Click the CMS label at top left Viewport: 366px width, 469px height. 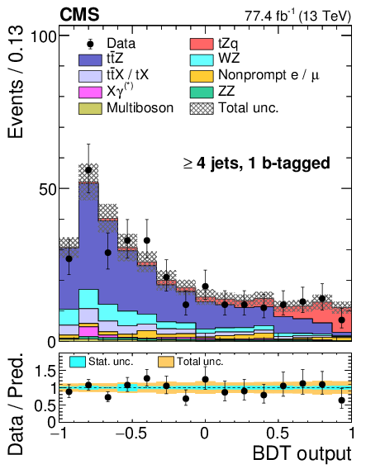pos(79,14)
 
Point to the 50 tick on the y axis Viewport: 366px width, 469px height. pos(45,188)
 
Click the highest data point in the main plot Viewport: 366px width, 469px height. pos(88,170)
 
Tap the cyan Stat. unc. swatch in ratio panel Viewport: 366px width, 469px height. pos(78,362)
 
